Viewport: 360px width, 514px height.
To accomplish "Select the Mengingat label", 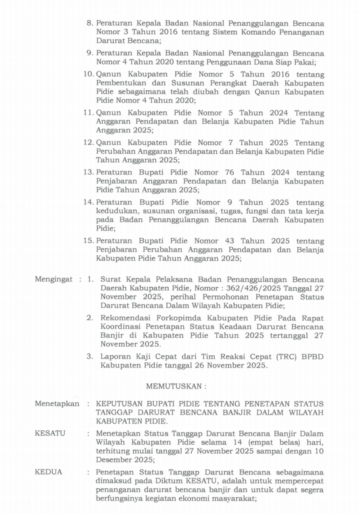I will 53,279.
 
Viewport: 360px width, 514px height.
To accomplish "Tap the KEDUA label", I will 48,472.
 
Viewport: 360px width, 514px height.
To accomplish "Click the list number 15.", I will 88,241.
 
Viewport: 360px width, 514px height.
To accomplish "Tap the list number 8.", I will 90,23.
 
